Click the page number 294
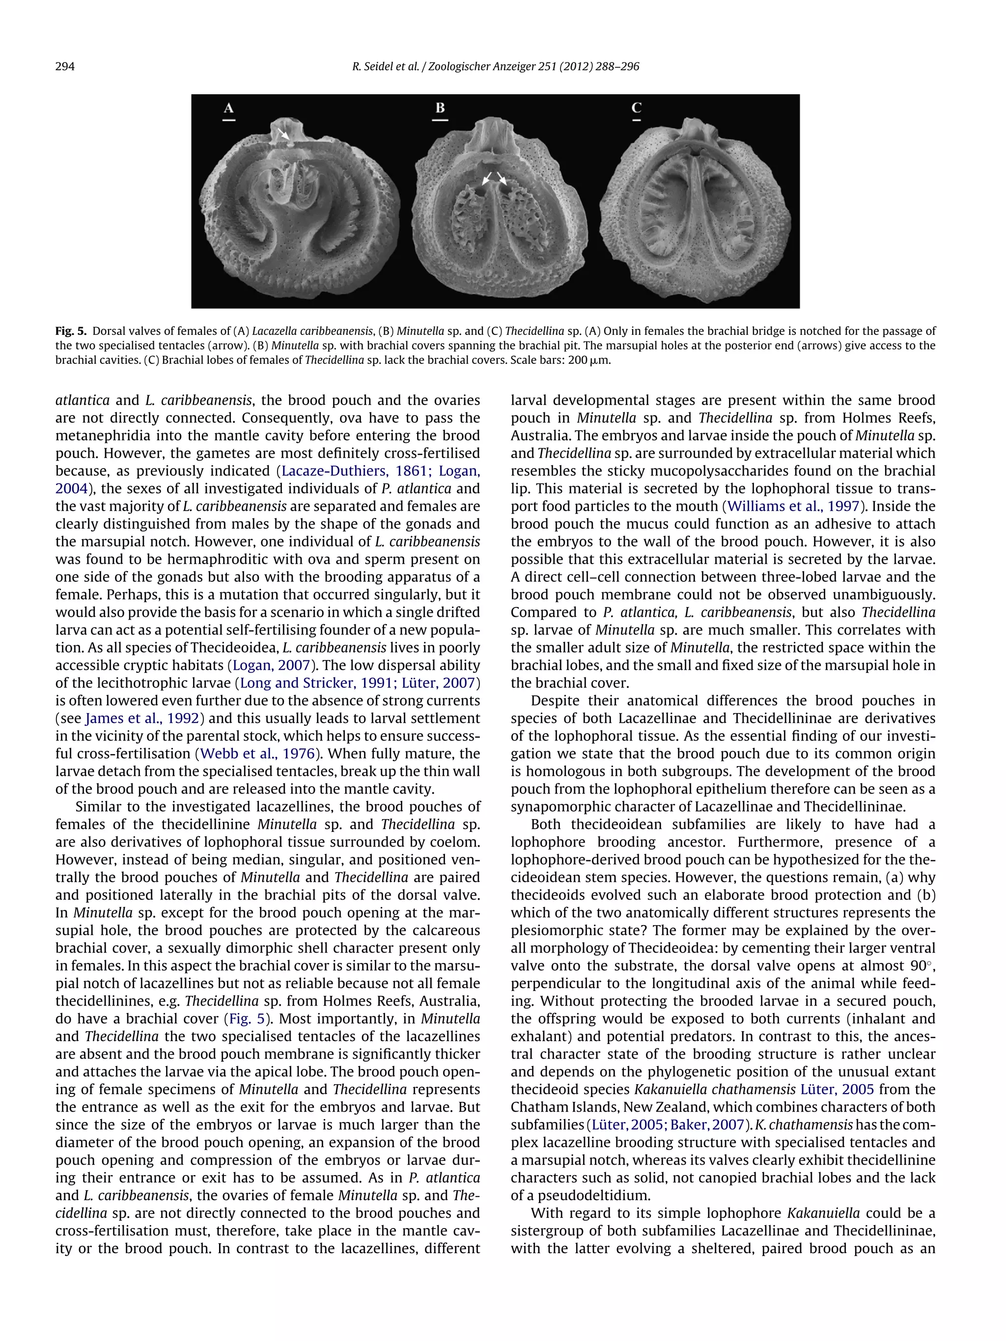(65, 67)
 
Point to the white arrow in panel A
(283, 134)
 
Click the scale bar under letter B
(440, 120)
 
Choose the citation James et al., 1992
(142, 718)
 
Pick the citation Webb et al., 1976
(258, 754)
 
